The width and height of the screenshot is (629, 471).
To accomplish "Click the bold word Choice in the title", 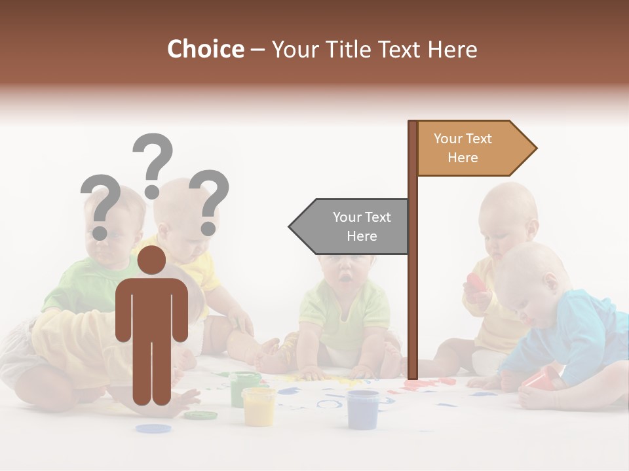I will point(205,49).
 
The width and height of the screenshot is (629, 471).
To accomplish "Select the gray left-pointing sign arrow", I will point(351,226).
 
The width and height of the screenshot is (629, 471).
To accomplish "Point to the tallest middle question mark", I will point(153,164).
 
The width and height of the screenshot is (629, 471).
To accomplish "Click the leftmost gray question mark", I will point(100,205).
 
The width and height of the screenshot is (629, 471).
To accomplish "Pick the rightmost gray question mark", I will point(209,201).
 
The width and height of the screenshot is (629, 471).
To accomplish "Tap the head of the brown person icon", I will point(152,260).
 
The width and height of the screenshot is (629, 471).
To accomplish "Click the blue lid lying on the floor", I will point(153,428).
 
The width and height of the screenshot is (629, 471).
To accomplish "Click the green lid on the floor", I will point(200,415).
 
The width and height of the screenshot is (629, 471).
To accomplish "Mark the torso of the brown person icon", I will point(152,311).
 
